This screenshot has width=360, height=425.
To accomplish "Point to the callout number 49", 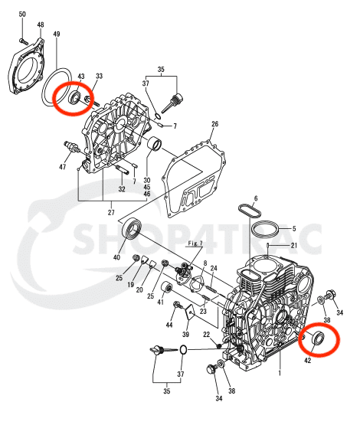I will (x=57, y=34).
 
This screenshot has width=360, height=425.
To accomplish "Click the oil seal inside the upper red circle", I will (x=74, y=98).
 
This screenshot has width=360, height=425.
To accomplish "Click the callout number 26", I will (x=214, y=124).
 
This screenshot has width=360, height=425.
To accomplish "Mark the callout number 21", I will (x=293, y=245).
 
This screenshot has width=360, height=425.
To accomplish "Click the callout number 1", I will (x=280, y=373).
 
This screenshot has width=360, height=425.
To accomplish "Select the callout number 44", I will (x=169, y=325).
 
